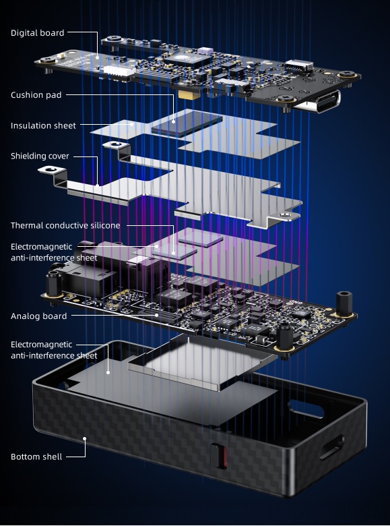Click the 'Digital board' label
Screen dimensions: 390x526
37,33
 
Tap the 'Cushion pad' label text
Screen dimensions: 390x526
36,95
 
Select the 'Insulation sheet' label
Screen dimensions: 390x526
43,125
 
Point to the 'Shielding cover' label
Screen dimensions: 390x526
40,156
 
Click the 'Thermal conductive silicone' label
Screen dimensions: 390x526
65,225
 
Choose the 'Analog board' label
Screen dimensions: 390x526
38,316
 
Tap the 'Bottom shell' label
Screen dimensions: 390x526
36,457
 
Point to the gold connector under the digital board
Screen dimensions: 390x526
187,95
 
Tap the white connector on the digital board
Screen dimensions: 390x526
120,70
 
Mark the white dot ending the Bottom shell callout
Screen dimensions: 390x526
85,438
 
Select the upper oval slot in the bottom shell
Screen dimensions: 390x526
306,407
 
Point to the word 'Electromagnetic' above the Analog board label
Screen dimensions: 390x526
41,247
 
